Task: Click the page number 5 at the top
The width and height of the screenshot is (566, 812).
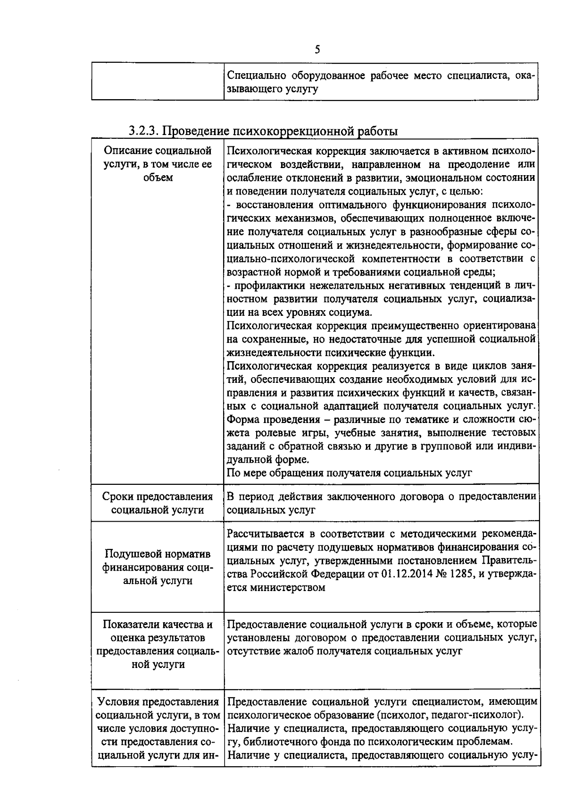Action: (317, 50)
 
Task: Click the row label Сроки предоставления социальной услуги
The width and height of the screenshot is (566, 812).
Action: (158, 503)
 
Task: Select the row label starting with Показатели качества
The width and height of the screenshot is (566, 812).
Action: (158, 644)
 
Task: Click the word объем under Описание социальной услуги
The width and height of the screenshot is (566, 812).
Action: (158, 178)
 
